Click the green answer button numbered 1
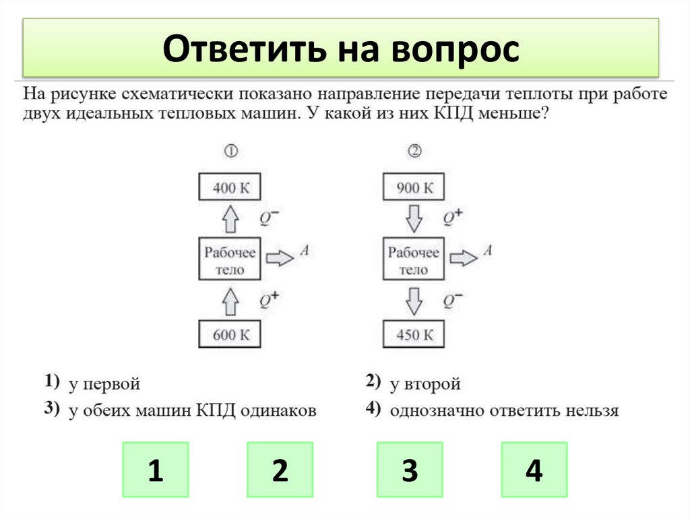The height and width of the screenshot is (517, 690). point(155,470)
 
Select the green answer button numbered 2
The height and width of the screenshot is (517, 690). point(280,470)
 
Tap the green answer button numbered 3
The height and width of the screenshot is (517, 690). point(409,470)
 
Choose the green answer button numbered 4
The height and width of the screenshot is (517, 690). point(534,470)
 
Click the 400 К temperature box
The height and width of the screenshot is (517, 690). point(230,187)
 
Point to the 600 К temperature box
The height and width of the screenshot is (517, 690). point(230,334)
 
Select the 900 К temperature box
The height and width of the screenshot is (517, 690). point(414,187)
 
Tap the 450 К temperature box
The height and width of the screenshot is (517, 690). point(414,334)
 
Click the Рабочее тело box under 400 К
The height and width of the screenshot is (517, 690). point(230,260)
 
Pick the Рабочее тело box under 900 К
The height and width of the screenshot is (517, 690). point(414,260)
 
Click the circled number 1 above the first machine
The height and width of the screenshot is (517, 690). point(230,152)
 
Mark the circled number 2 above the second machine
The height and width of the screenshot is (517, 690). point(414,152)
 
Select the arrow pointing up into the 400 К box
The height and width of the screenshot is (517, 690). point(230,218)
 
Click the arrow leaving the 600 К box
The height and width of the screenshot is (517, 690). point(230,300)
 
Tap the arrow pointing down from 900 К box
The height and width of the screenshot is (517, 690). point(414,218)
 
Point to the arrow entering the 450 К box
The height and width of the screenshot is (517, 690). point(414,300)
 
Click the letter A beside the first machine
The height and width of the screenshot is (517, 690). point(304,251)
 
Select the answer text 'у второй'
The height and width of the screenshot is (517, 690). point(425,384)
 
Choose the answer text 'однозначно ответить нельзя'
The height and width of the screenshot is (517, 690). point(503,410)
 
